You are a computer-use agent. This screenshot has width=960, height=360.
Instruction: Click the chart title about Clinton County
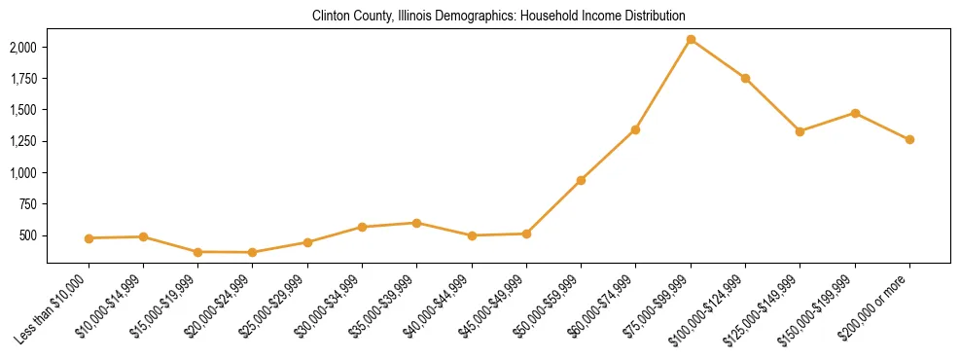[498, 17]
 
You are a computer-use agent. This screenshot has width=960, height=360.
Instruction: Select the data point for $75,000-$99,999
[691, 39]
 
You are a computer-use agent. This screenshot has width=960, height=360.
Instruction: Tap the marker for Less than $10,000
[89, 238]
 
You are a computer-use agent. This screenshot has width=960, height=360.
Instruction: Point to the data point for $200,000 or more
[909, 139]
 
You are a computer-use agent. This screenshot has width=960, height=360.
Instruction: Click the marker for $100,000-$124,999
[745, 78]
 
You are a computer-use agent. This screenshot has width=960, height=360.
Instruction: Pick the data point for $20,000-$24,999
[253, 253]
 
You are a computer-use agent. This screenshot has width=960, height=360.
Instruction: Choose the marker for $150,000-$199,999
[855, 113]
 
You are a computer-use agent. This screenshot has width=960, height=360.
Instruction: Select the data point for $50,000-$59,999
[581, 180]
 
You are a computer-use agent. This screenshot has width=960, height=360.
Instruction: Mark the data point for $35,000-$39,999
[416, 223]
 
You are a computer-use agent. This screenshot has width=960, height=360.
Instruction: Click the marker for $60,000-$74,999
[635, 129]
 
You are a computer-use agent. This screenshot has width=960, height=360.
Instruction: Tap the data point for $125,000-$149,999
[800, 131]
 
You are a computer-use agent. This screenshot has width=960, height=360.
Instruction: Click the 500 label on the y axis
[28, 235]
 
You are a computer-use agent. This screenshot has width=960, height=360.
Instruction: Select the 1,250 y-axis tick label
[23, 141]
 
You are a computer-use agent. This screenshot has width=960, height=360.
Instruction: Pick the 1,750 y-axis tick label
[23, 79]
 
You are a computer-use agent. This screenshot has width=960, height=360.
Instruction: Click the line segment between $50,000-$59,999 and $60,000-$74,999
[608, 155]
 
